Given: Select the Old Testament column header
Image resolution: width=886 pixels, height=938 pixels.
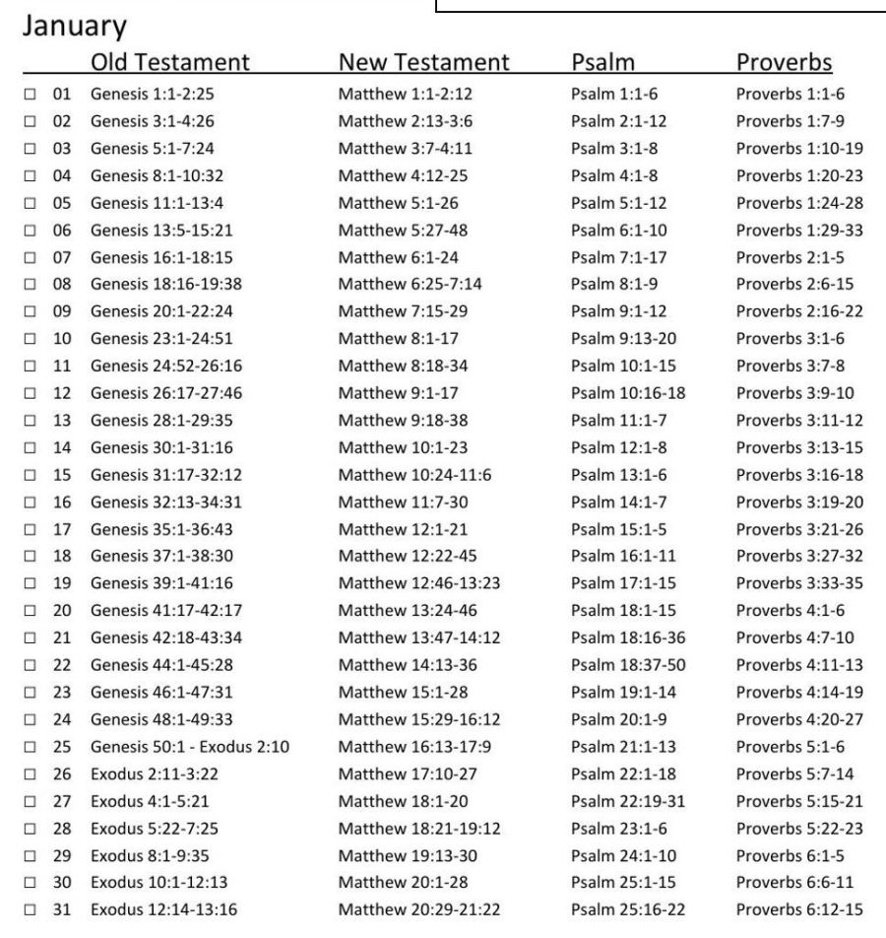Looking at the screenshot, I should click(x=169, y=63).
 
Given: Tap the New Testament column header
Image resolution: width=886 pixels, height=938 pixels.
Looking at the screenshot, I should click(x=423, y=63).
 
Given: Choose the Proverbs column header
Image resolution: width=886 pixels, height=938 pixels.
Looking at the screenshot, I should click(x=784, y=63).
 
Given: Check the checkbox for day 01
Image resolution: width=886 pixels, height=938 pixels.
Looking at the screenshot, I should click(x=32, y=96).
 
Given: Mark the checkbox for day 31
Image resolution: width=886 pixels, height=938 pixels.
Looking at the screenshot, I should click(x=32, y=908).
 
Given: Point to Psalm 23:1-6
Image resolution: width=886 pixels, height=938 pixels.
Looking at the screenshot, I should click(x=611, y=823).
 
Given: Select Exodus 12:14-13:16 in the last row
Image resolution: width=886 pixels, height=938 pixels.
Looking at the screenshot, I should click(x=163, y=908).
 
